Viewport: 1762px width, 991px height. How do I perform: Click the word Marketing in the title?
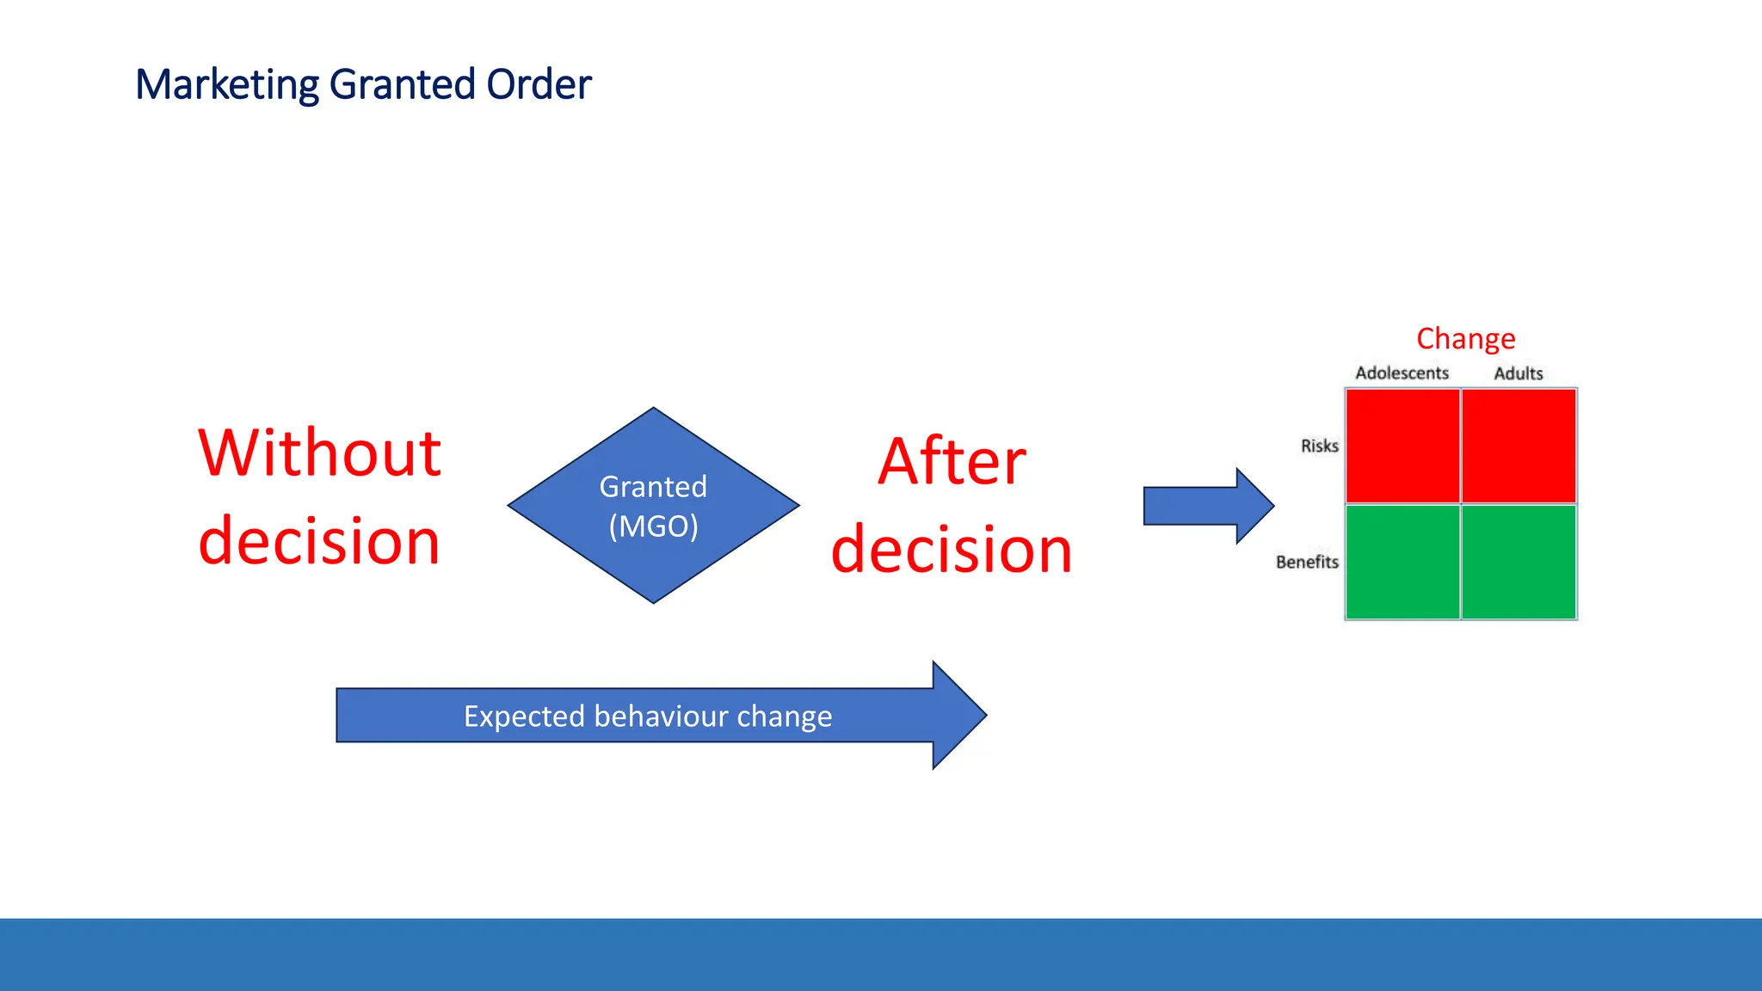coord(227,85)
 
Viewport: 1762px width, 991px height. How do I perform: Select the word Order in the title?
coord(539,85)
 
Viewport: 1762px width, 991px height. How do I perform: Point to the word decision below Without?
coord(319,541)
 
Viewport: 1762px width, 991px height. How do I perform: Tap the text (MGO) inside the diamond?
coord(654,526)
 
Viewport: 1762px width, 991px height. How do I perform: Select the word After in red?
coord(952,462)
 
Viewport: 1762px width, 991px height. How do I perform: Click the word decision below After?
coord(952,550)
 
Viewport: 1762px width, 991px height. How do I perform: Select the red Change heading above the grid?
coord(1465,339)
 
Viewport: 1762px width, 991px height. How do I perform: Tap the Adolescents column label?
coord(1402,373)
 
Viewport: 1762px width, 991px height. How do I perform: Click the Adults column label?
coord(1518,373)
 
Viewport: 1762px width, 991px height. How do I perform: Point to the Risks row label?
coord(1319,446)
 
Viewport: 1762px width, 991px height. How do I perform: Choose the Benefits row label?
coord(1307,562)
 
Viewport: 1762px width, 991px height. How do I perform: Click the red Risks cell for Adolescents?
coord(1402,446)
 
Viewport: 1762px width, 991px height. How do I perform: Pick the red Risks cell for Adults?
coord(1519,446)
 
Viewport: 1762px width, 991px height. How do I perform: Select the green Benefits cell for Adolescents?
coord(1402,562)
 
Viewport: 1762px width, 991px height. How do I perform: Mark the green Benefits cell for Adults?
coord(1519,562)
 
